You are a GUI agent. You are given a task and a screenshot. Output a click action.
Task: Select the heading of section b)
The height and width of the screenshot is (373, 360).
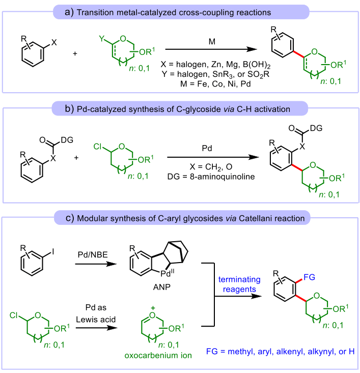[180, 108]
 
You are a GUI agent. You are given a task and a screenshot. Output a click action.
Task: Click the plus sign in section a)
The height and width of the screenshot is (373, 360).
[75, 51]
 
